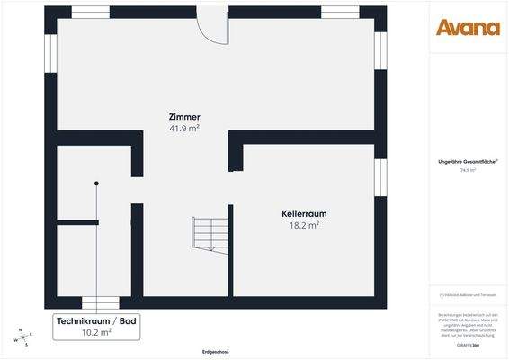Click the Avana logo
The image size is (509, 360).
[468, 28]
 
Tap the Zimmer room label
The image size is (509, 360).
[183, 118]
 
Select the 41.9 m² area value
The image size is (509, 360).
[183, 129]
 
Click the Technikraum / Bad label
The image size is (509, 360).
[96, 320]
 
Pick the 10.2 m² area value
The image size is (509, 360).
[96, 332]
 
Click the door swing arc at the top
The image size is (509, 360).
[212, 28]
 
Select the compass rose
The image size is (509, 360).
[22, 338]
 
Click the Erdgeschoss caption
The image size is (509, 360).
[217, 350]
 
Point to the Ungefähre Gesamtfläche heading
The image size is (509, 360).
[468, 161]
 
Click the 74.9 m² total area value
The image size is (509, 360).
[468, 169]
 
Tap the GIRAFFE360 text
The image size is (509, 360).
[468, 345]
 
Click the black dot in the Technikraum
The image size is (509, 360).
[96, 184]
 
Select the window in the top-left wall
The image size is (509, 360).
[90, 12]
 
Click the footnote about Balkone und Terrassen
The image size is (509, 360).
[468, 294]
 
